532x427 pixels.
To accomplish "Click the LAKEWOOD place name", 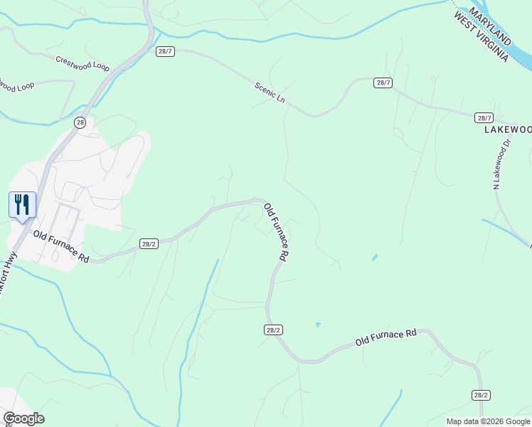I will [508, 130].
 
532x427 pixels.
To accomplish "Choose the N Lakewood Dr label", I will [502, 164].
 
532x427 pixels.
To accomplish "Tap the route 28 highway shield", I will [80, 122].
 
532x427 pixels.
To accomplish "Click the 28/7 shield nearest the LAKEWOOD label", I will [484, 117].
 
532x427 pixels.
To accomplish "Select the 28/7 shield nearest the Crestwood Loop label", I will [165, 51].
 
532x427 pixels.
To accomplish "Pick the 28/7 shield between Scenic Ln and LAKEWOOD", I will [383, 83].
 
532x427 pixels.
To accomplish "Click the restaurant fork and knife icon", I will [22, 205].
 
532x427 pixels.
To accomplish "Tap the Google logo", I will [23, 418].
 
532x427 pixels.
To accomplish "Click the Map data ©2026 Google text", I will [488, 421].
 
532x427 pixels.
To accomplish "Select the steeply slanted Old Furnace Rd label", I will [275, 233].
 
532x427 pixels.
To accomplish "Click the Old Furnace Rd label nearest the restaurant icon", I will [60, 248].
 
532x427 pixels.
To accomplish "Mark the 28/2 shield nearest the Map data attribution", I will [480, 395].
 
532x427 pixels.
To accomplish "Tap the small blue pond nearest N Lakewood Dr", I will [374, 258].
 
